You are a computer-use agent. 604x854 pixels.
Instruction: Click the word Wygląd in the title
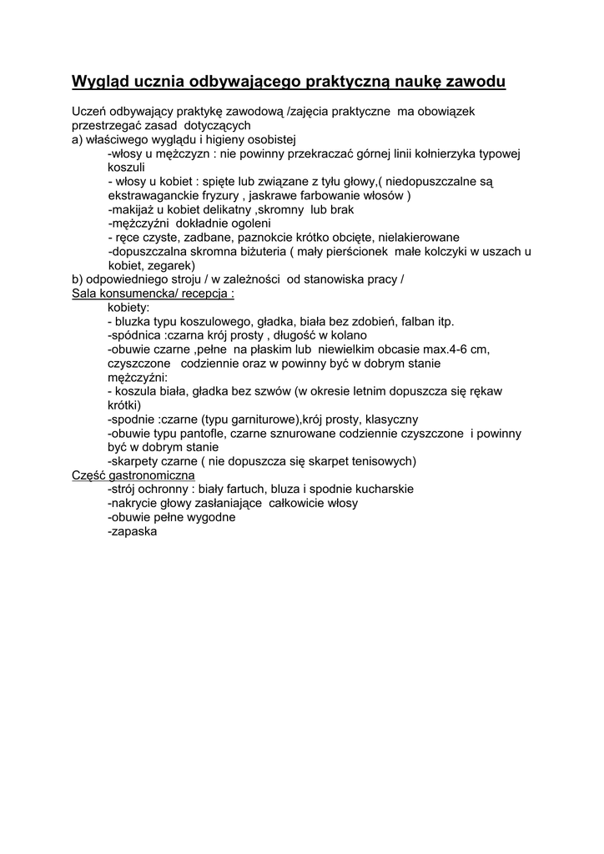click(99, 82)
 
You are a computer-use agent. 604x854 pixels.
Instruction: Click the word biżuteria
click(253, 251)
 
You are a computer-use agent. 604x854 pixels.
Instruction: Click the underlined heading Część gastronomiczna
click(134, 475)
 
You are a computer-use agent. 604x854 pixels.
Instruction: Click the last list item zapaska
click(134, 531)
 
